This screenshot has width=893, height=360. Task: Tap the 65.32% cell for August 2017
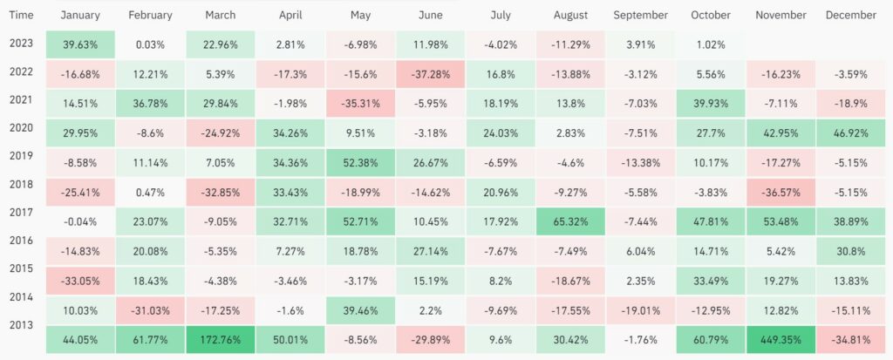point(570,221)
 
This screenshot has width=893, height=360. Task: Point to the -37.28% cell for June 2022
point(430,75)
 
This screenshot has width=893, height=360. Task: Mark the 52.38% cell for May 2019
point(360,162)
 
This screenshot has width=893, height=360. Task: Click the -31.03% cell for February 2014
point(150,309)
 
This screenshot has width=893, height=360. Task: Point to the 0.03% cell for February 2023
point(150,44)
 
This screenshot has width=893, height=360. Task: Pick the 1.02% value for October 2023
point(711,44)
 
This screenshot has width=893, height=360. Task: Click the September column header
point(640,15)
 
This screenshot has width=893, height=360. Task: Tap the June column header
point(430,15)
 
